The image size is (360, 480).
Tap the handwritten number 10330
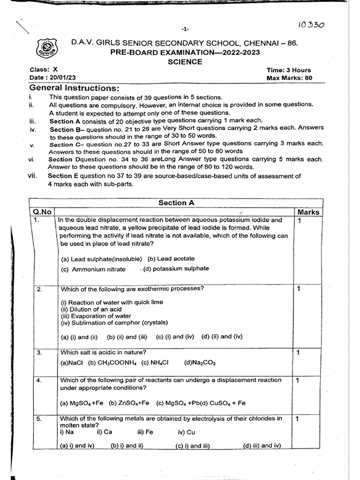[312, 24]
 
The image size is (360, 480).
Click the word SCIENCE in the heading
[185, 61]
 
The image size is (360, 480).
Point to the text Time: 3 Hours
[289, 70]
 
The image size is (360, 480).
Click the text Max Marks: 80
[289, 78]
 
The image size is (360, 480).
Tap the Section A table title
[176, 202]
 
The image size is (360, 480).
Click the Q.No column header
[42, 212]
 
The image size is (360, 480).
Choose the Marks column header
[308, 212]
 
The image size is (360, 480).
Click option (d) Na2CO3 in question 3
[200, 362]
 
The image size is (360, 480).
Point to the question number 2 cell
[40, 289]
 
